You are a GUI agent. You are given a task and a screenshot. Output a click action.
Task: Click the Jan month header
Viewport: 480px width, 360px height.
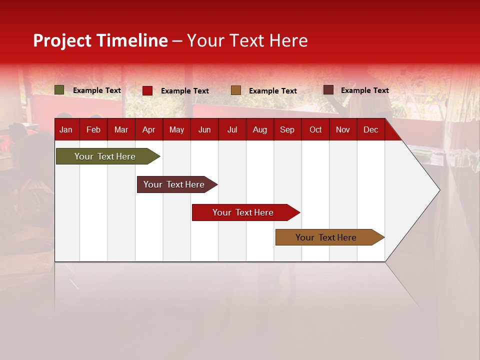pyautogui.click(x=66, y=130)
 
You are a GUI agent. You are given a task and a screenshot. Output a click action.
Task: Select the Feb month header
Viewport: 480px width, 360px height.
pyautogui.click(x=93, y=130)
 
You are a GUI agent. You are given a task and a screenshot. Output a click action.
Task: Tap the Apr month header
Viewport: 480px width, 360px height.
pyautogui.click(x=148, y=130)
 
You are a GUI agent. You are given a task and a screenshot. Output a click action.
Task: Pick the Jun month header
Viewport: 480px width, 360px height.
pyautogui.click(x=204, y=130)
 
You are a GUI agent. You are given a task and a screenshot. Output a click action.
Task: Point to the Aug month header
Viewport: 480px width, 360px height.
pyautogui.click(x=260, y=130)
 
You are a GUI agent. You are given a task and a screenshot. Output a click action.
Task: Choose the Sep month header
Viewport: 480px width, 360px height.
pyautogui.click(x=287, y=130)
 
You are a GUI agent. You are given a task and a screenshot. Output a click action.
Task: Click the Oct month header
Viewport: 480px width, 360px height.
pyautogui.click(x=315, y=130)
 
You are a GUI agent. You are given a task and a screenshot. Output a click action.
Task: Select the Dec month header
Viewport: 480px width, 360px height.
pyautogui.click(x=370, y=130)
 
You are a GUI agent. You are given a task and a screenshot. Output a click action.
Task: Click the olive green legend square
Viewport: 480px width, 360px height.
pyautogui.click(x=59, y=90)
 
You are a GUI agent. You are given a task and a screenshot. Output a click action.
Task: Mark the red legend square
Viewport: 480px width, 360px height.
pyautogui.click(x=147, y=90)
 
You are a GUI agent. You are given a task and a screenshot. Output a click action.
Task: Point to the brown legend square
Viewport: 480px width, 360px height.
pyautogui.click(x=236, y=90)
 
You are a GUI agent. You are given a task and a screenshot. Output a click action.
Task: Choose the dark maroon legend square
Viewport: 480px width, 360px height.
pyautogui.click(x=328, y=90)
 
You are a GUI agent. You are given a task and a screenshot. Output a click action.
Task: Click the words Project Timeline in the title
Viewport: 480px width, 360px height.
pyautogui.click(x=100, y=40)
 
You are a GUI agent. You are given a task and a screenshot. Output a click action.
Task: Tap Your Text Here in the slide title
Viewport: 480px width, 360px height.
pyautogui.click(x=247, y=40)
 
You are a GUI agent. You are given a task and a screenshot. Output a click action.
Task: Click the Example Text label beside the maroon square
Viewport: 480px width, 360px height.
pyautogui.click(x=364, y=90)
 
